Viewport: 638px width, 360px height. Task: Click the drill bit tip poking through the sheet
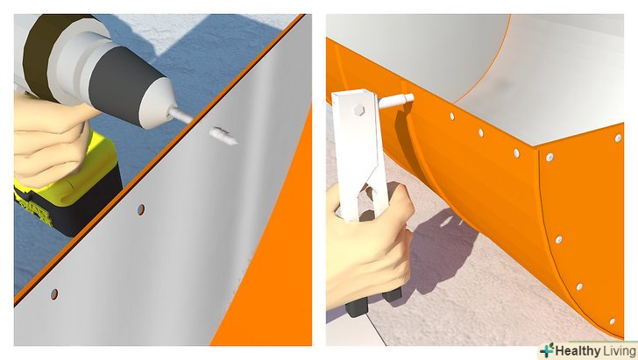click(x=223, y=136)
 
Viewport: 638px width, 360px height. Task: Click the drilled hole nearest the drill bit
click(x=141, y=209)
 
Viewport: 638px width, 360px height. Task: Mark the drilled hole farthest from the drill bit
click(x=54, y=294)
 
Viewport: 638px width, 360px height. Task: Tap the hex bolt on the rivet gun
click(x=358, y=110)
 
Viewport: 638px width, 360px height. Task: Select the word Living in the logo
click(x=620, y=351)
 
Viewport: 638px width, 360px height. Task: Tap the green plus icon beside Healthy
click(x=547, y=350)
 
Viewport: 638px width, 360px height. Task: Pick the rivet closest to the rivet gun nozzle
click(x=451, y=116)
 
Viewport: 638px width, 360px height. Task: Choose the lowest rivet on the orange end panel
click(x=613, y=321)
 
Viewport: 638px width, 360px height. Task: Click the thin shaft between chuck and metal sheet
click(x=181, y=116)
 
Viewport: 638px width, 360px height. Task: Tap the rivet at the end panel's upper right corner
click(x=618, y=138)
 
